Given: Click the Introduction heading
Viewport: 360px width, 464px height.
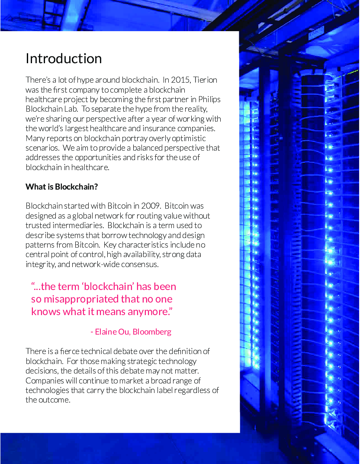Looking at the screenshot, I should click(x=64, y=58).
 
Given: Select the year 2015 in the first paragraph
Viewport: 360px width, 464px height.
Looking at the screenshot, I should click(x=180, y=80).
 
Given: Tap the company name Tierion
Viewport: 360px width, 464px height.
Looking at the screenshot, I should click(x=206, y=80).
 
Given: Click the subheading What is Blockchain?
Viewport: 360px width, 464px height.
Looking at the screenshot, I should click(x=61, y=187).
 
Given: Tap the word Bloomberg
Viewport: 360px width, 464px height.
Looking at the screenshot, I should click(x=152, y=332).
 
